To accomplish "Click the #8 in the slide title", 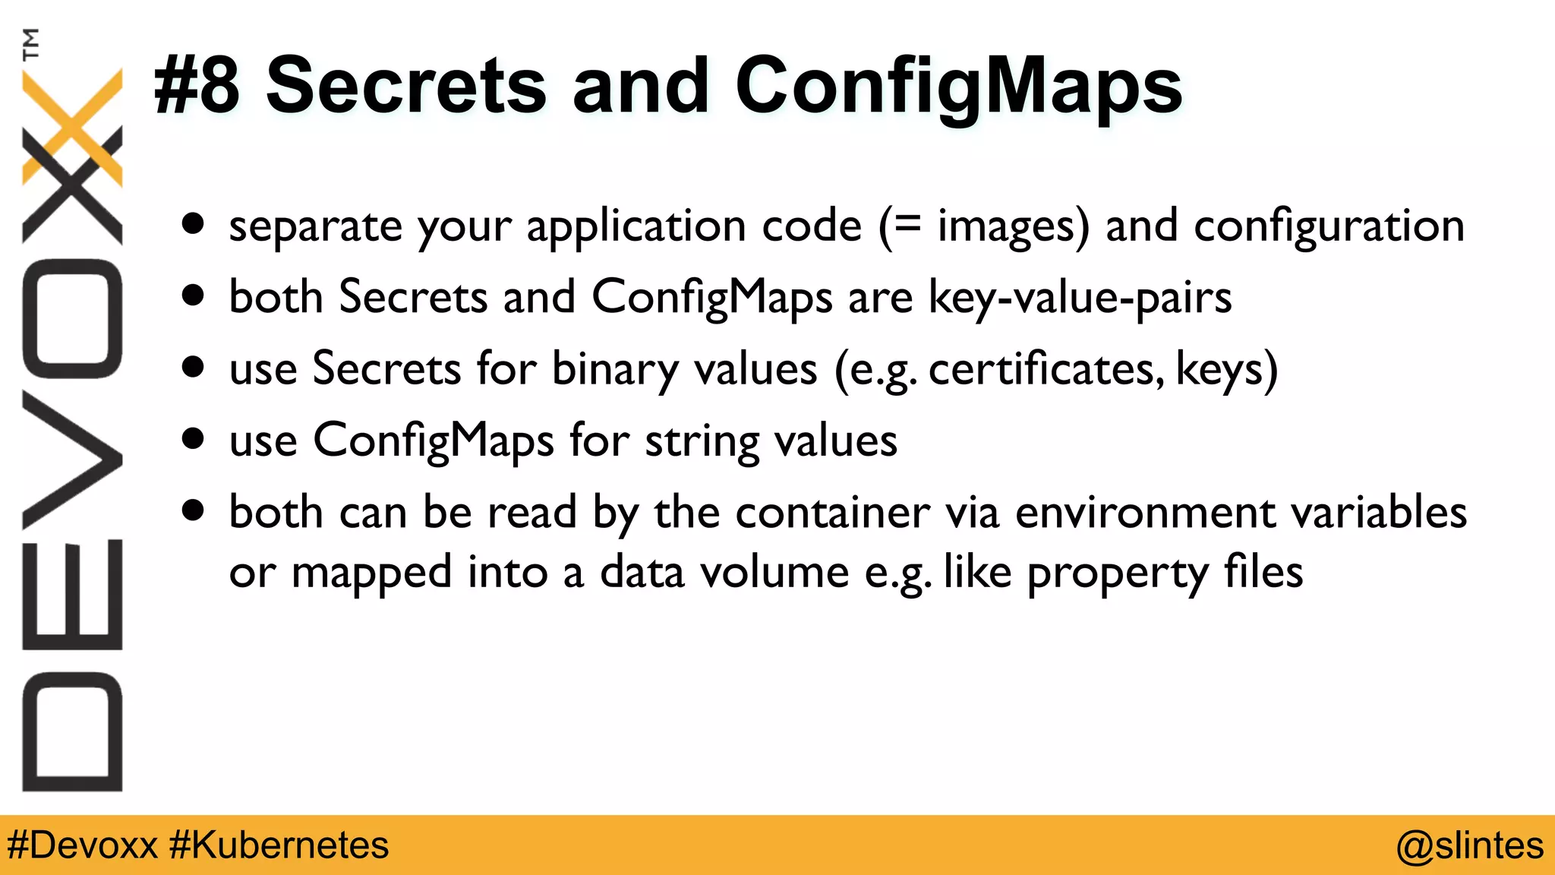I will coord(197,85).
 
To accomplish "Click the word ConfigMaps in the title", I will coord(958,85).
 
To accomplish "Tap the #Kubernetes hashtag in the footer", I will coord(279,845).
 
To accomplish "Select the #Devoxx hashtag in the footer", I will coord(82,845).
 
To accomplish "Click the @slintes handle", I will coord(1470,845).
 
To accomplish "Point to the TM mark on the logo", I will coord(31,43).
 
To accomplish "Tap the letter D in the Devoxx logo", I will coord(72,731).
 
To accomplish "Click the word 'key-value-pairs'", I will coord(1080,297).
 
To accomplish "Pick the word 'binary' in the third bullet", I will coord(615,369).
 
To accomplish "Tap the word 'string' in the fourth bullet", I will coord(702,441).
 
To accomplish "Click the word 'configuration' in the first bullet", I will coord(1329,226).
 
